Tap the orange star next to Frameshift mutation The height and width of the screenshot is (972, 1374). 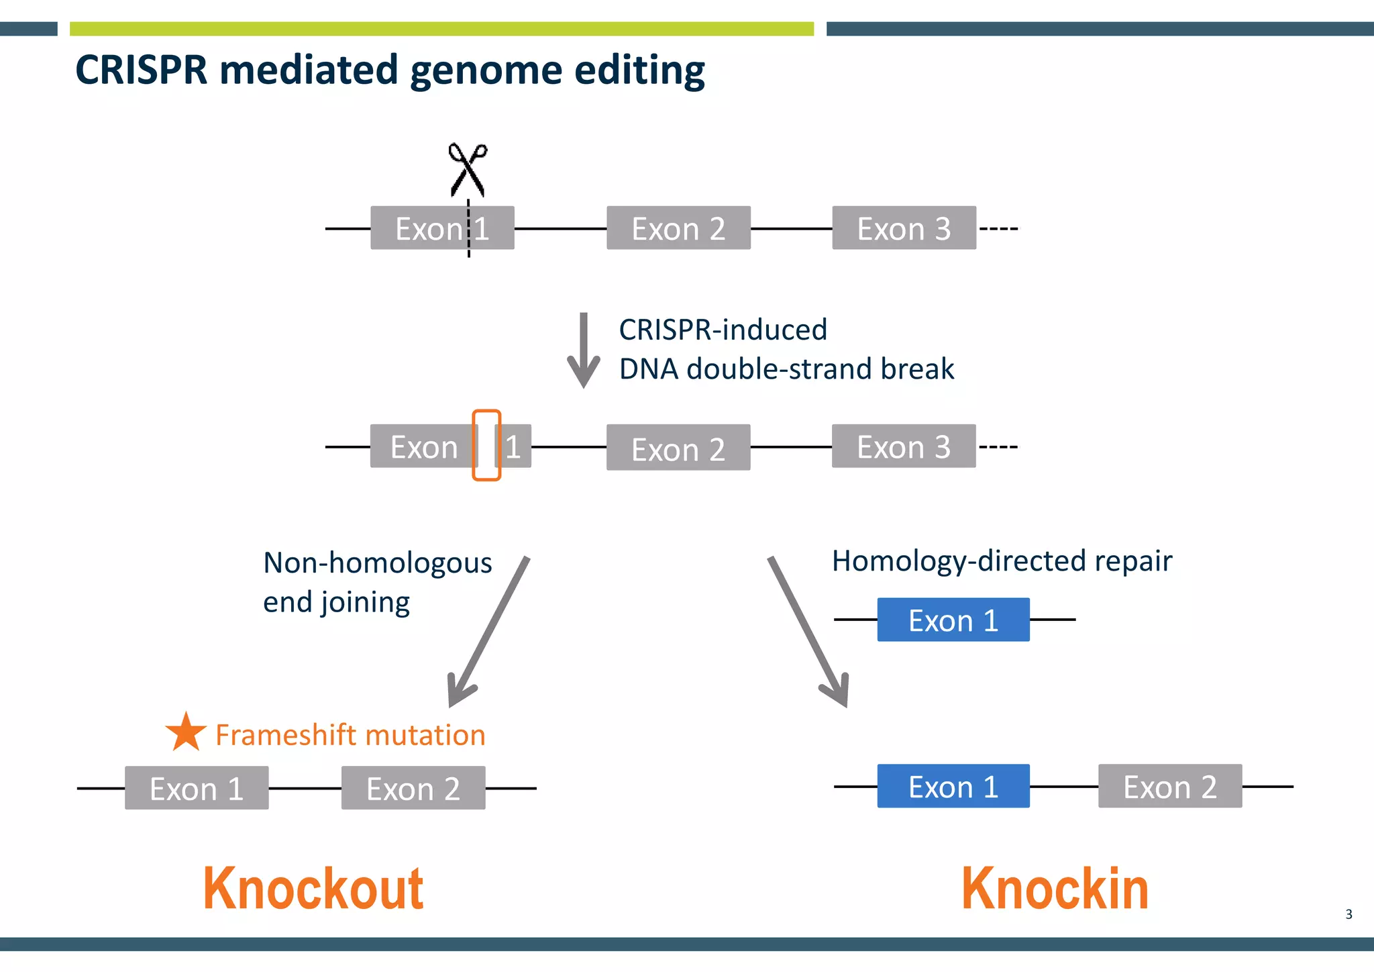coord(186,732)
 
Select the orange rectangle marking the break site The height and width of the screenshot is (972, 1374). coord(486,445)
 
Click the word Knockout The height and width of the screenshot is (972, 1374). coord(313,889)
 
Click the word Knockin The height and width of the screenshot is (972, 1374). coord(1055,889)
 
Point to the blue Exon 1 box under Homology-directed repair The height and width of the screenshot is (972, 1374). coord(953,620)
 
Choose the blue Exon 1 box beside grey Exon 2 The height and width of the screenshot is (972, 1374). coord(953,786)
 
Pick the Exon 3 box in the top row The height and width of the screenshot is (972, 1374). coord(904,228)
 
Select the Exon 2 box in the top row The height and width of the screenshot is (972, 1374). coord(678,228)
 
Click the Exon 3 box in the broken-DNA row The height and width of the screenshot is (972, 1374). coord(904,446)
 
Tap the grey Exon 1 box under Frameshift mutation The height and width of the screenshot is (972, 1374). coord(197,788)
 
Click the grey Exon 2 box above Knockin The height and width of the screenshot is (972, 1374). coord(1170,786)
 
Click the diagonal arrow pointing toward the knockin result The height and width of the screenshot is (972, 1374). coord(808,631)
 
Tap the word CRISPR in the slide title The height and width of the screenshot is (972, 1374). coord(142,70)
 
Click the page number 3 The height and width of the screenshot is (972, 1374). coord(1349,914)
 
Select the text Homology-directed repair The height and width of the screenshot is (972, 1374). coord(1002,561)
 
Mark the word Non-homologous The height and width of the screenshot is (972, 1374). coord(377,563)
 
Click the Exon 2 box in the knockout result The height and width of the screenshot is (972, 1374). coord(413,788)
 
